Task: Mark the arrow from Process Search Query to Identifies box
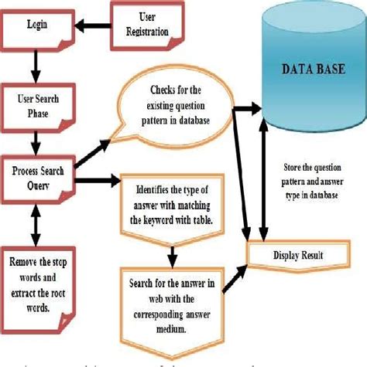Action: coord(98,182)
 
